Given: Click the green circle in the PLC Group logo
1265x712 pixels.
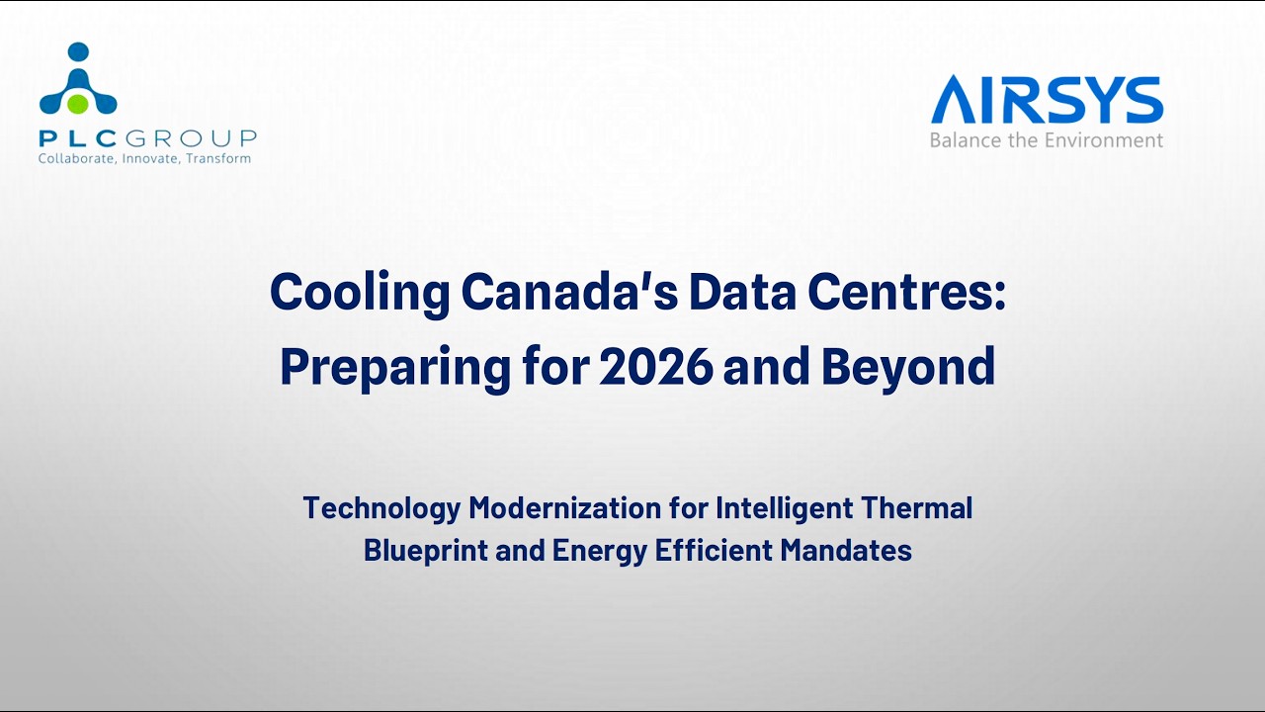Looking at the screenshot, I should tap(79, 102).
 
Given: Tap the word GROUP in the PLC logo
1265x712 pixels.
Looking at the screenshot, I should tap(206, 137).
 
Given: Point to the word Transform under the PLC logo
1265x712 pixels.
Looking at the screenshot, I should tap(218, 158).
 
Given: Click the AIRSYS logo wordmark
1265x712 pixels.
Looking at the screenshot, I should tap(1047, 101).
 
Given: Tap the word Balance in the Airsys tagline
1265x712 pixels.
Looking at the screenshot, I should tap(966, 140).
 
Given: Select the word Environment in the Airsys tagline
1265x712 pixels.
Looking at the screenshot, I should tap(1104, 140).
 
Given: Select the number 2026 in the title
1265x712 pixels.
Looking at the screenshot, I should tap(656, 367).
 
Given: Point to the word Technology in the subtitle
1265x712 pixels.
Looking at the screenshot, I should tap(381, 508).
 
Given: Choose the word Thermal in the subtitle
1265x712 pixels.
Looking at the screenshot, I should tap(915, 508).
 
